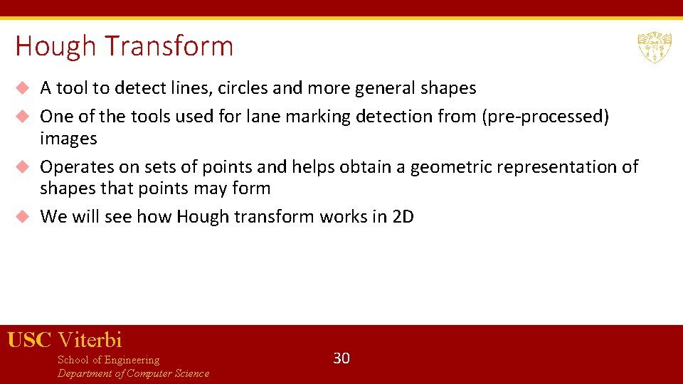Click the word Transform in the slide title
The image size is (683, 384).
click(169, 47)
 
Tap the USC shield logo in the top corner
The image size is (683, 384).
click(654, 47)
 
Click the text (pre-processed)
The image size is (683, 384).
click(546, 117)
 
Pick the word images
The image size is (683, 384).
click(68, 138)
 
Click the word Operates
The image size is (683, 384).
click(75, 167)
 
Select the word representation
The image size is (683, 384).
click(557, 167)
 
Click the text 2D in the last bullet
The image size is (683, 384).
click(403, 217)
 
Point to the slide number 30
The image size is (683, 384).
click(341, 358)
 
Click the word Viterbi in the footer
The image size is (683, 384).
click(90, 340)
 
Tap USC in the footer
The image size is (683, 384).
click(29, 340)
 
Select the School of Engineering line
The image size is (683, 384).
click(108, 360)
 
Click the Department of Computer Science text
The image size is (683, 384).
click(133, 373)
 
